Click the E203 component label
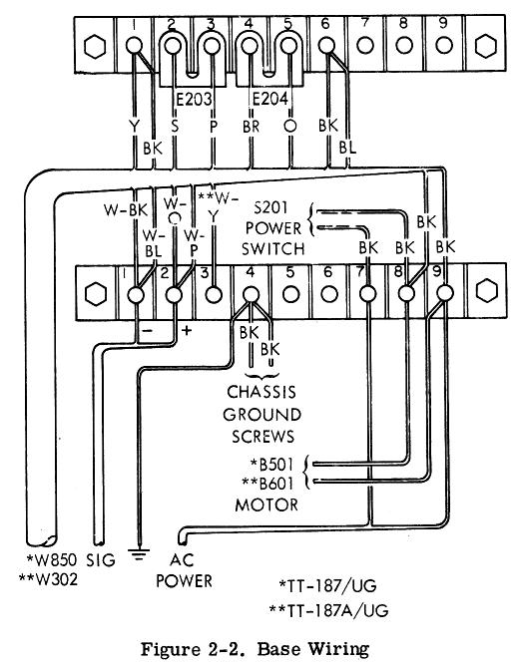coord(195,100)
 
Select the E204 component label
coord(269,100)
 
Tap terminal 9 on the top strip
coord(444,45)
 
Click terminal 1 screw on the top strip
coord(135,46)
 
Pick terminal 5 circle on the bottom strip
coord(290,294)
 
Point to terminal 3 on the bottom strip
coord(214,295)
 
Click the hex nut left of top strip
coord(95,46)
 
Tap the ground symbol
coord(139,554)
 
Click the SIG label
coord(101,560)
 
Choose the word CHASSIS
coord(261,392)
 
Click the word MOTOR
coord(266,504)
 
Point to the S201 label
coord(270,207)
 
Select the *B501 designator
coord(272,465)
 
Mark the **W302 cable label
coord(49,579)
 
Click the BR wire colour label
coord(252,127)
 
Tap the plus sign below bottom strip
coord(187,330)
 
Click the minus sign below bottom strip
coord(148,330)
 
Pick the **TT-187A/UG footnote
coord(328,610)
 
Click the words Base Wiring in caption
coord(313,649)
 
